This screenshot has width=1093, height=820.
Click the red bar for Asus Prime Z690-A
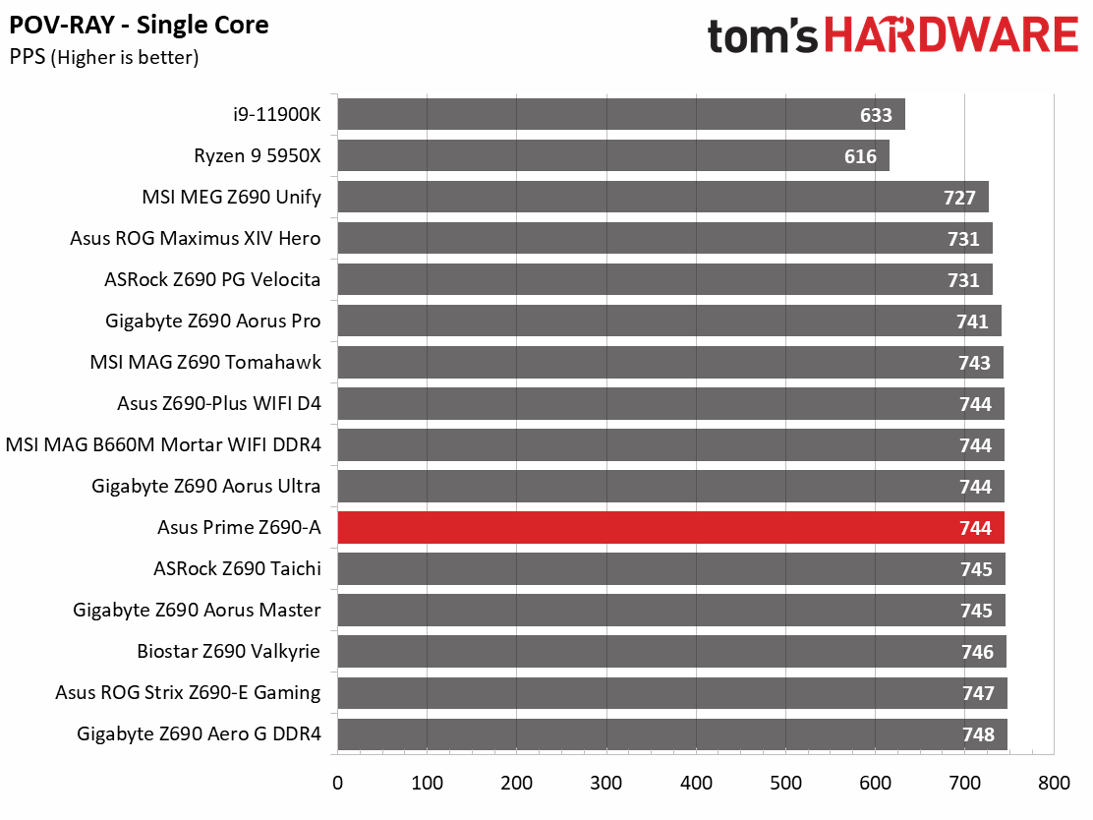[x=670, y=527]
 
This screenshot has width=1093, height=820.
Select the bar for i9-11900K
[x=621, y=114]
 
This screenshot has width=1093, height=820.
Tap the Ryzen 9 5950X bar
[x=613, y=154]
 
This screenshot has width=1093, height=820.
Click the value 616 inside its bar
[x=860, y=156]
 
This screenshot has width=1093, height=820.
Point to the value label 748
[x=978, y=734]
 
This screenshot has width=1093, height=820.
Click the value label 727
[x=959, y=198]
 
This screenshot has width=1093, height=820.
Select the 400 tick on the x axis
[x=696, y=783]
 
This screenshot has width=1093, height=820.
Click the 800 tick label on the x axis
[x=1054, y=783]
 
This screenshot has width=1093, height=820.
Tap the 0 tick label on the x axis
[x=337, y=783]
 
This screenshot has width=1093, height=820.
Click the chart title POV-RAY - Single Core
[x=139, y=26]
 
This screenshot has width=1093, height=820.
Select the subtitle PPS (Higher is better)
[x=104, y=57]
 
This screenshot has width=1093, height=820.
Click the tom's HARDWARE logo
[x=892, y=35]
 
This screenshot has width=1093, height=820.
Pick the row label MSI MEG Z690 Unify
[x=231, y=197]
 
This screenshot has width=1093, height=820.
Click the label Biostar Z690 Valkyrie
[x=229, y=651]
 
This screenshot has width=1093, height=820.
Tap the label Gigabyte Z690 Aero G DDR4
[x=199, y=733]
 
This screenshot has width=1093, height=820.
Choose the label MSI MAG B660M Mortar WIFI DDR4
[x=163, y=444]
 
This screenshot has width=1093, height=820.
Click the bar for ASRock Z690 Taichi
[x=671, y=568]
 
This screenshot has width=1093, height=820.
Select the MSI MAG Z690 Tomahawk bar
[x=670, y=362]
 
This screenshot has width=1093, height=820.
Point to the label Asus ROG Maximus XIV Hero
[x=196, y=238]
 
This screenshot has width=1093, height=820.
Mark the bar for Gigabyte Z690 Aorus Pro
[x=670, y=321]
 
